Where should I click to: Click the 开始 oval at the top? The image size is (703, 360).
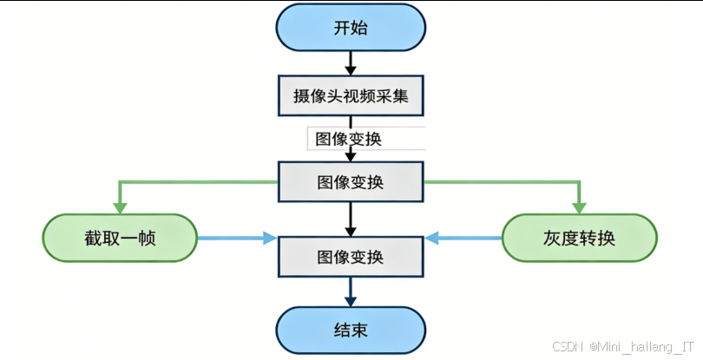tap(351, 29)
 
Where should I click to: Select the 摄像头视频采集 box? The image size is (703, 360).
tap(351, 95)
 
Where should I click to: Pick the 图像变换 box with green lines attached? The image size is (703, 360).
tap(351, 182)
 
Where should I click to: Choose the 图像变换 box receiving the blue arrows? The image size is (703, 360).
tap(351, 257)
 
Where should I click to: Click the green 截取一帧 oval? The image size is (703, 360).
tap(121, 238)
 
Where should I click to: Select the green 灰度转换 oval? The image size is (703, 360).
tap(579, 238)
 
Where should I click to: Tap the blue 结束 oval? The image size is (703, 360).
tap(351, 330)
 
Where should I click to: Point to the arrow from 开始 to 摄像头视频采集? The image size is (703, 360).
tap(351, 63)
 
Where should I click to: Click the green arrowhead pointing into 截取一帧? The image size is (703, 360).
tap(121, 206)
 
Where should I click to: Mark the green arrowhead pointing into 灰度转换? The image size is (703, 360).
tap(579, 206)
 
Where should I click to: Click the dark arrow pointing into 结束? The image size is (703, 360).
tap(351, 292)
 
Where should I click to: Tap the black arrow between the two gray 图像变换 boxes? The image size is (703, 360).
tap(351, 219)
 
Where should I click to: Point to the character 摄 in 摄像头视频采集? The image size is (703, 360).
tap(300, 95)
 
